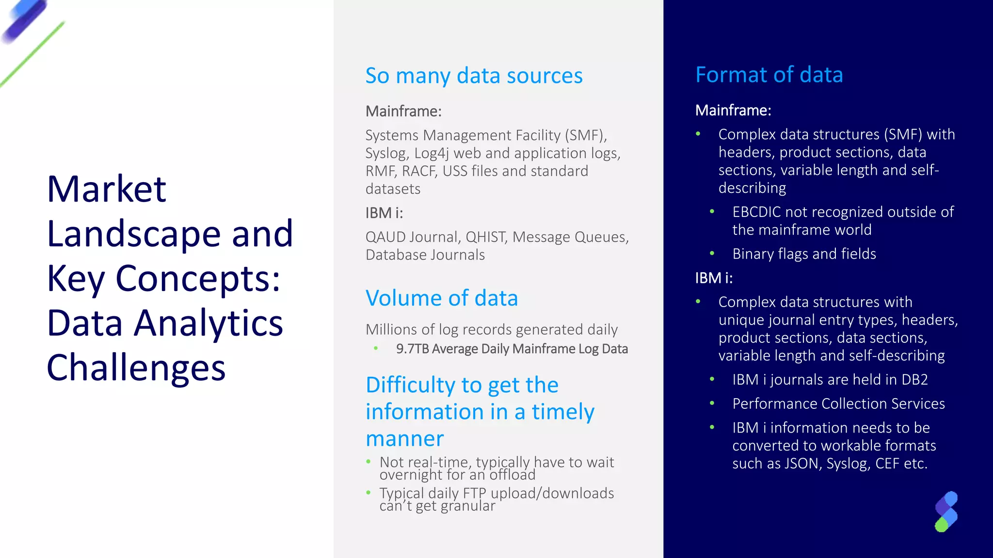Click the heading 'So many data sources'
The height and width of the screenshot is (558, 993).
[474, 76]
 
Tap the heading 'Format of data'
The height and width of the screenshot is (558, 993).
[769, 75]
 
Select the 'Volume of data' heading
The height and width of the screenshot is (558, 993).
[441, 298]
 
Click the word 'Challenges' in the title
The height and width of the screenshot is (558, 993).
[136, 368]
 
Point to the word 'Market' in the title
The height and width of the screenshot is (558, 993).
[107, 189]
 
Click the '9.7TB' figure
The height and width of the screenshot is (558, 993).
[412, 349]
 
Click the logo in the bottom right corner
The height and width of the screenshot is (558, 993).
[946, 512]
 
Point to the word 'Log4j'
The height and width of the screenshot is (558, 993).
[432, 154]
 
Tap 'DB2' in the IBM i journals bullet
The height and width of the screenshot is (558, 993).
[914, 380]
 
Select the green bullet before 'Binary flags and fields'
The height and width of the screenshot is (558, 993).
[712, 253]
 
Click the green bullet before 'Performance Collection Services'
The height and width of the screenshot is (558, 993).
[712, 403]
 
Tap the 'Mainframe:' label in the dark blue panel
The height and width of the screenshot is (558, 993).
[733, 110]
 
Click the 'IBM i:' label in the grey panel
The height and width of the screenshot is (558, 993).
[384, 213]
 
